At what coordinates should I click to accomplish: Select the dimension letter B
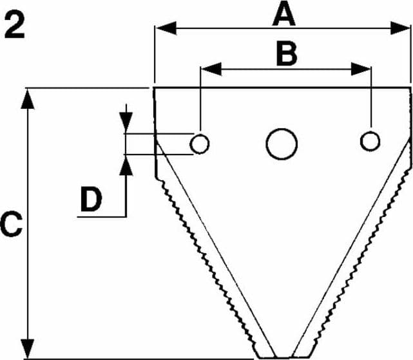(x=287, y=53)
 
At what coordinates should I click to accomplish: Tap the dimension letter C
(x=11, y=225)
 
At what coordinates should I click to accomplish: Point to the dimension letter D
(x=91, y=199)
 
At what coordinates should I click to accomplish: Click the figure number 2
(x=15, y=26)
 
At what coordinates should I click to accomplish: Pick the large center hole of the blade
(x=282, y=144)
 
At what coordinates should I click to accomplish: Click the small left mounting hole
(x=199, y=144)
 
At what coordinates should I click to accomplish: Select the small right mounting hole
(x=370, y=141)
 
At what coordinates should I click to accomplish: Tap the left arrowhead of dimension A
(x=166, y=28)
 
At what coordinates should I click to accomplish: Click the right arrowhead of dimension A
(x=400, y=28)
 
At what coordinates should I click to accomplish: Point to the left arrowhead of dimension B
(x=211, y=69)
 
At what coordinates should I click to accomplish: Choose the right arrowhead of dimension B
(x=361, y=69)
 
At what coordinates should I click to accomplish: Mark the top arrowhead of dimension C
(x=28, y=99)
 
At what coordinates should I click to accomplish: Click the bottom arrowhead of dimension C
(x=28, y=348)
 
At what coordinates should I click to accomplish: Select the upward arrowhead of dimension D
(x=126, y=165)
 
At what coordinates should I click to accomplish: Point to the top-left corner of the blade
(x=154, y=88)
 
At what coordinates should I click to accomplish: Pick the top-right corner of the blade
(x=410, y=88)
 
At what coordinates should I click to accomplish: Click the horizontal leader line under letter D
(x=102, y=217)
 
